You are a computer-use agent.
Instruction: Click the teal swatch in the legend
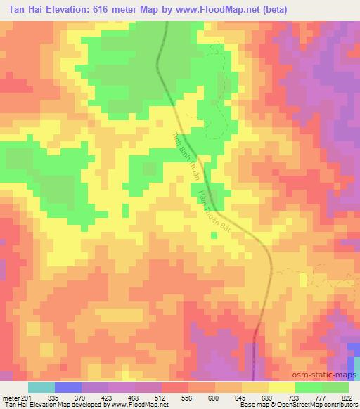coord(41,388)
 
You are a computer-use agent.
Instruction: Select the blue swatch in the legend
coord(68,388)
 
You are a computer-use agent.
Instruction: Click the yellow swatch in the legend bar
coord(282,388)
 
